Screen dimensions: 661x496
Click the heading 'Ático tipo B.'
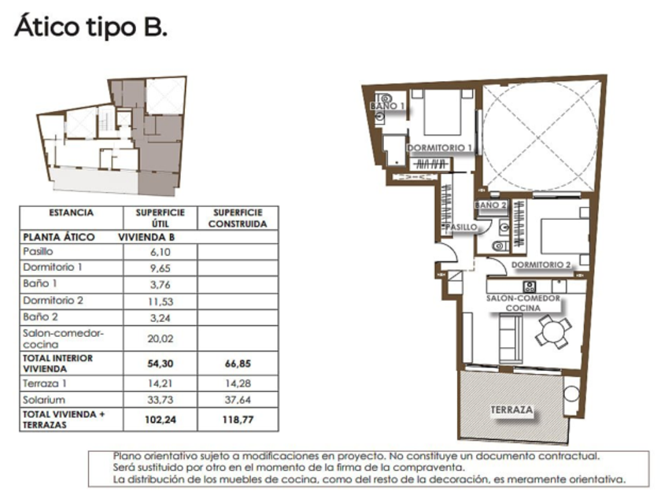click(x=91, y=27)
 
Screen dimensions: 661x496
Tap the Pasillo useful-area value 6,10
click(x=161, y=252)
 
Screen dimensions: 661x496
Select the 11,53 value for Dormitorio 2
click(x=161, y=302)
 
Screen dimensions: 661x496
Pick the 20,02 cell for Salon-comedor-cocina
click(x=161, y=339)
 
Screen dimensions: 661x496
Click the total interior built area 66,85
click(x=238, y=364)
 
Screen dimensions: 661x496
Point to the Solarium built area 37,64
click(x=238, y=399)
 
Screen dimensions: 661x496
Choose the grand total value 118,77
click(x=238, y=420)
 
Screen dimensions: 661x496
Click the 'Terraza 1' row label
click(x=45, y=383)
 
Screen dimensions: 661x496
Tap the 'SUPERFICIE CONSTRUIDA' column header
click(x=238, y=218)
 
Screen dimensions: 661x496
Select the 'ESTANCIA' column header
click(x=72, y=213)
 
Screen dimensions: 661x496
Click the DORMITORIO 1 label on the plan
click(x=439, y=148)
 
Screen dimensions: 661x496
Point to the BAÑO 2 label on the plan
click(x=490, y=205)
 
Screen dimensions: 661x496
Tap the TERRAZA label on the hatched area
click(x=511, y=409)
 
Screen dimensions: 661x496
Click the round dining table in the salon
click(x=553, y=331)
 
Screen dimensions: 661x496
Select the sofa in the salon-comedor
click(x=511, y=339)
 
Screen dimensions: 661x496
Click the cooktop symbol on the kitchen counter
click(x=529, y=287)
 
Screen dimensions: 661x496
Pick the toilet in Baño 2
click(x=500, y=245)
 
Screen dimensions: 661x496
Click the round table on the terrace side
click(x=571, y=394)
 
